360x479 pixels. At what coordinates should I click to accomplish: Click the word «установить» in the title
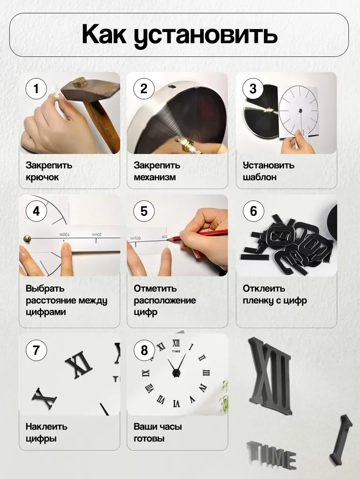pyautogui.click(x=206, y=35)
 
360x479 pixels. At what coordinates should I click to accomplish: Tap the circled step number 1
pyautogui.click(x=36, y=89)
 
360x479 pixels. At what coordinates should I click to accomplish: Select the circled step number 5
pyautogui.click(x=144, y=211)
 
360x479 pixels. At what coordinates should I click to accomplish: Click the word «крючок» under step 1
pyautogui.click(x=42, y=177)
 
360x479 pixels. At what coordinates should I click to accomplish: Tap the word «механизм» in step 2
pyautogui.click(x=155, y=177)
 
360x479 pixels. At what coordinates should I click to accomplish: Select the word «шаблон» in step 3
pyautogui.click(x=260, y=177)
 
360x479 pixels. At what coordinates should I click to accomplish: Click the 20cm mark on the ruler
pyautogui.click(x=96, y=235)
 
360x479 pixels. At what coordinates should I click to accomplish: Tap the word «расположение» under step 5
pyautogui.click(x=165, y=301)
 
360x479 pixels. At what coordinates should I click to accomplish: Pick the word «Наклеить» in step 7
pyautogui.click(x=46, y=427)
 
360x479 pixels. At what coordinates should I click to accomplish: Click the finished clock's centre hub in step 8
pyautogui.click(x=176, y=372)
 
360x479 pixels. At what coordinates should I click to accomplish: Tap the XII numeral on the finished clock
pyautogui.click(x=176, y=343)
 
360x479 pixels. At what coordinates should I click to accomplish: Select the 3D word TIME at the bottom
pyautogui.click(x=272, y=455)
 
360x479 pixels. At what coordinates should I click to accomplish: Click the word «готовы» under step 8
pyautogui.click(x=149, y=439)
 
